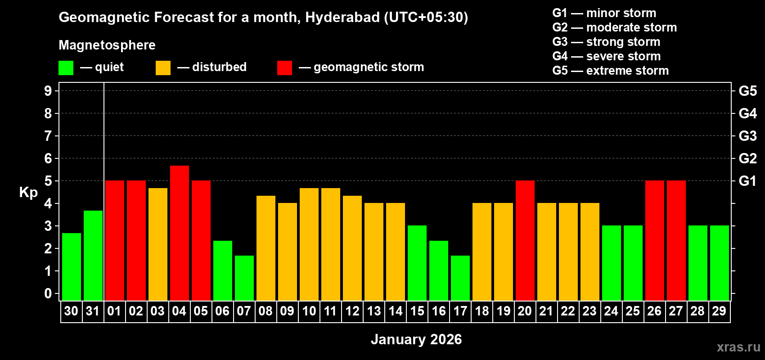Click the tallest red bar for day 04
tap(179, 233)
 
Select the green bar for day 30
tap(71, 267)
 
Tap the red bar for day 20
tap(525, 241)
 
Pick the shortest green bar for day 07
tap(244, 278)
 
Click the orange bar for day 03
tap(157, 244)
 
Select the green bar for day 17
tap(460, 278)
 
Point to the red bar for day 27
tap(676, 241)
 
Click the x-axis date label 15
tap(417, 311)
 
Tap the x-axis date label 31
tap(93, 311)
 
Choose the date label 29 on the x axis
tap(719, 311)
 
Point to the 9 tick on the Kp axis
tap(48, 91)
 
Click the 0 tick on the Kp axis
tap(48, 294)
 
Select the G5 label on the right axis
tap(747, 91)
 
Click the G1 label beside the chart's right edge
tap(747, 181)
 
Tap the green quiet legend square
tap(66, 68)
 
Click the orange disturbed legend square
tap(163, 68)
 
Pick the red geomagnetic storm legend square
tap(284, 68)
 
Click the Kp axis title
tap(28, 193)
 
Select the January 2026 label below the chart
tap(416, 339)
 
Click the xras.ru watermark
tap(738, 347)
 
